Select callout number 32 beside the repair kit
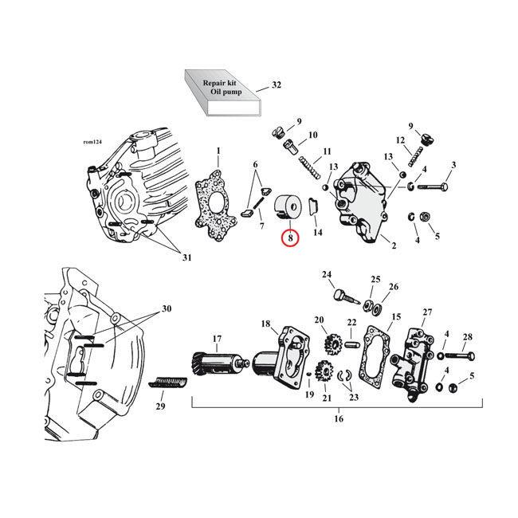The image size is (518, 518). [x=277, y=84]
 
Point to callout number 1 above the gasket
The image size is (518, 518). [x=218, y=151]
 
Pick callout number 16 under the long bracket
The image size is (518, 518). [x=338, y=418]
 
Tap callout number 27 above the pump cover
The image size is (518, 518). [x=427, y=312]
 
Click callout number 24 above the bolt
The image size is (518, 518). [x=327, y=275]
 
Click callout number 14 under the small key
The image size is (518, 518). [x=318, y=233]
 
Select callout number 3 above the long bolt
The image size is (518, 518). [x=453, y=165]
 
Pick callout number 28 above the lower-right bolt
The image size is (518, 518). [x=468, y=337]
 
